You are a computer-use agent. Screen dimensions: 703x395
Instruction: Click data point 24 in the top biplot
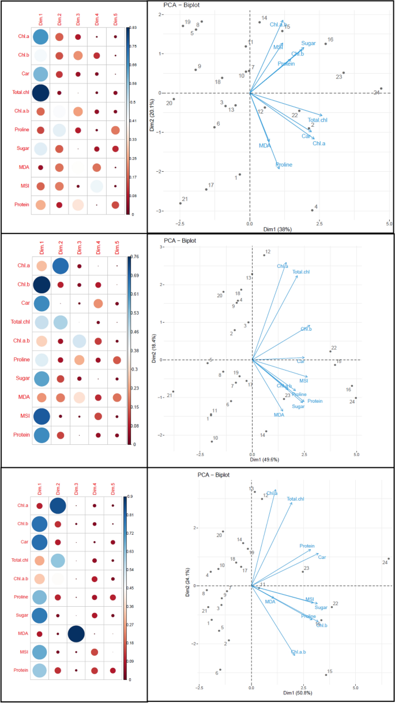click(x=381, y=89)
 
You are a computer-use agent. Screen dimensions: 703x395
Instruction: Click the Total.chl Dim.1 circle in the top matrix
click(x=40, y=92)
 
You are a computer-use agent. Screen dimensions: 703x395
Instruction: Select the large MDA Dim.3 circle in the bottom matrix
click(x=76, y=633)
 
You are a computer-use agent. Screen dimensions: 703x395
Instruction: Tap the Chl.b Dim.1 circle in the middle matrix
click(x=40, y=285)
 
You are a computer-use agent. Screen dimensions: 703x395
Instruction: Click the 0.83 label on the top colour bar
click(x=133, y=28)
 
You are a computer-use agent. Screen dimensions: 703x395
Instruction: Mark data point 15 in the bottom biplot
click(x=326, y=674)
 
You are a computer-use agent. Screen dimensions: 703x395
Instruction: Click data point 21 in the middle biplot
click(x=172, y=392)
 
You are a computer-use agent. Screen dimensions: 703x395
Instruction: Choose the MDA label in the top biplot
click(x=265, y=146)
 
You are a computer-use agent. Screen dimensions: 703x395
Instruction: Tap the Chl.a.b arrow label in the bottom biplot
click(x=299, y=652)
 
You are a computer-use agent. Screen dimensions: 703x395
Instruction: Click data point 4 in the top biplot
click(x=313, y=210)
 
